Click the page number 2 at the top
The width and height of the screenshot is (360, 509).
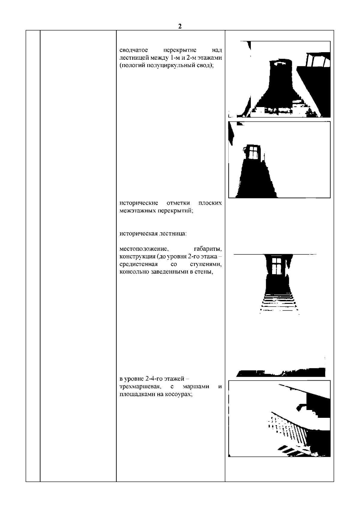tap(180, 26)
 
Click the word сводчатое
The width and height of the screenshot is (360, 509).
tap(133, 50)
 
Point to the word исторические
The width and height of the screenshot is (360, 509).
tap(139, 203)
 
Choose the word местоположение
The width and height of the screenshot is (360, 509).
tap(144, 249)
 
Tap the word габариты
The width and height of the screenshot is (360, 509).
tap(208, 249)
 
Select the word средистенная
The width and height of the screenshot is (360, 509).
tap(139, 264)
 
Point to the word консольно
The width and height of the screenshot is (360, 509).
tap(134, 272)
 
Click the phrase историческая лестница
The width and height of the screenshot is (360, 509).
tap(153, 234)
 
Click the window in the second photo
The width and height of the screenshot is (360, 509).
tap(253, 152)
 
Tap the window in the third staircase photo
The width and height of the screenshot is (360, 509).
tap(277, 266)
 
